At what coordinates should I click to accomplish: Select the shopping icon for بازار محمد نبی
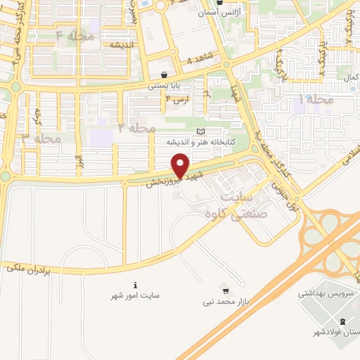[225, 290]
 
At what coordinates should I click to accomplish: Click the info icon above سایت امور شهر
[135, 285]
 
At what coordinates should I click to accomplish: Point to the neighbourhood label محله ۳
[43, 139]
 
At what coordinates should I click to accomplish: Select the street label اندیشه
[121, 44]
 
